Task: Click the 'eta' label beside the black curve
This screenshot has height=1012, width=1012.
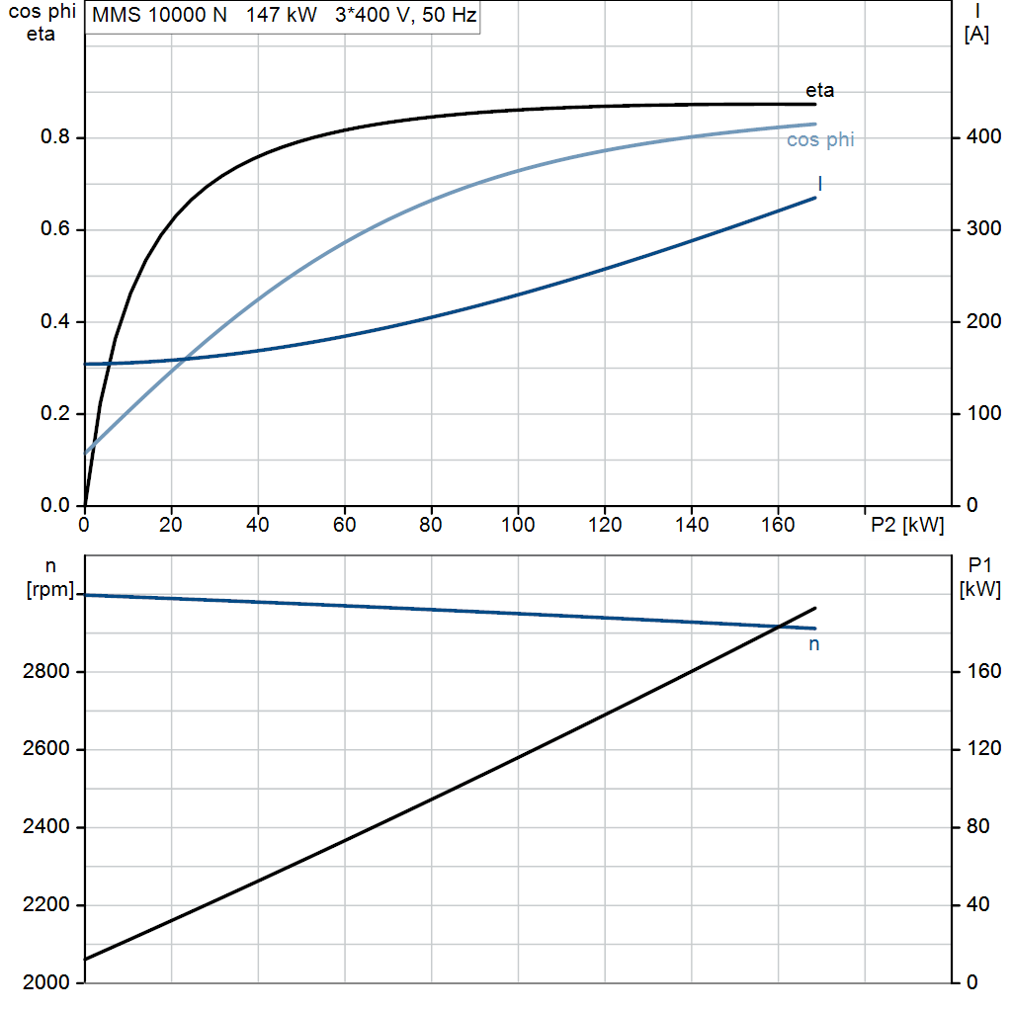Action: click(x=819, y=90)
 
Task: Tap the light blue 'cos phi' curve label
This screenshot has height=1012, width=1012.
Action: click(x=820, y=140)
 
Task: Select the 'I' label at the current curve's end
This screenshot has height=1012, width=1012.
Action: click(x=819, y=184)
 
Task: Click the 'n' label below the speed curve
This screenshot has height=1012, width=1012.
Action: click(x=814, y=644)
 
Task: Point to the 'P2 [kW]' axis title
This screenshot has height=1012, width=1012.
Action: click(x=907, y=525)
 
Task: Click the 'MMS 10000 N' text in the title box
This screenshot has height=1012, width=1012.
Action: click(x=159, y=15)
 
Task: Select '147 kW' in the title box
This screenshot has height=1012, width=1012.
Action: click(x=282, y=15)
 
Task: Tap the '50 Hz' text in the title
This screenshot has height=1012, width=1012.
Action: click(x=450, y=15)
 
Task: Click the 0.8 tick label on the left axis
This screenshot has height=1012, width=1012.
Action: click(x=55, y=136)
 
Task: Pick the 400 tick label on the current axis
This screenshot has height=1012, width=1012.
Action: click(x=983, y=136)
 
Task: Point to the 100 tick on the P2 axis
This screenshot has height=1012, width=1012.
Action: click(x=518, y=525)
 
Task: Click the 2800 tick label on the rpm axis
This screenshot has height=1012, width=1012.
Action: click(x=45, y=672)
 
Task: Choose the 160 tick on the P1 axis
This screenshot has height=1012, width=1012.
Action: click(x=983, y=672)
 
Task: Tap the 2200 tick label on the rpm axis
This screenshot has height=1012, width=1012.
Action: click(x=45, y=905)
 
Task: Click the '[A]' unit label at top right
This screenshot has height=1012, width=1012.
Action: click(x=976, y=35)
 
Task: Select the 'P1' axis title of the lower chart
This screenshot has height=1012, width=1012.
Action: click(x=979, y=565)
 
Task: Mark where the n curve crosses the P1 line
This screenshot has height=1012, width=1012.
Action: click(x=781, y=627)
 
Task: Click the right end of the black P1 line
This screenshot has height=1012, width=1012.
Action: click(x=815, y=608)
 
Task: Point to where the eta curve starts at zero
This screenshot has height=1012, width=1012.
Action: click(x=85, y=505)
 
